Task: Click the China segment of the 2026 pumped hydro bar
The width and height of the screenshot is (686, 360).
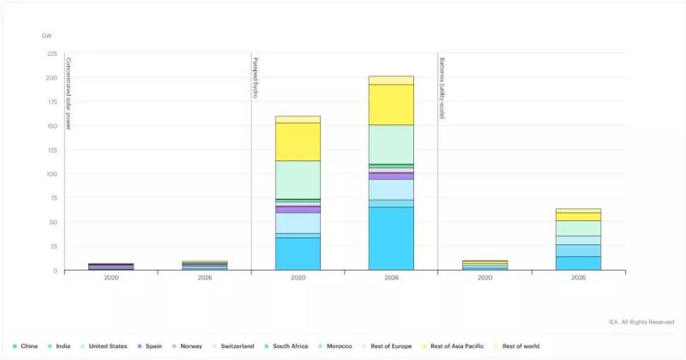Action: [x=391, y=238]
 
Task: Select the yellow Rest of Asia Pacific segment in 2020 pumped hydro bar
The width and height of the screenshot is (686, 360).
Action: [x=298, y=141]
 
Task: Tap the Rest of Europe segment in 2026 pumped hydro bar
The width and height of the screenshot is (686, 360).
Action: [x=391, y=144]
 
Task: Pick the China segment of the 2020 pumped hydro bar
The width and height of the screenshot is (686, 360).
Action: [x=298, y=254]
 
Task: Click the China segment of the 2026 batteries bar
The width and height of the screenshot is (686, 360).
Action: [x=578, y=263]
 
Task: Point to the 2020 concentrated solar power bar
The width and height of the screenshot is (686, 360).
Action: [x=111, y=267]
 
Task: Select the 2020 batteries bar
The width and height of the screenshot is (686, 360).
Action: [x=484, y=266]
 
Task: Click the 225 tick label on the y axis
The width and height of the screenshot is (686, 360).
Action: [x=51, y=53]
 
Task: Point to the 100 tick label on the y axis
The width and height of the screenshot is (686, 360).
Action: [x=51, y=174]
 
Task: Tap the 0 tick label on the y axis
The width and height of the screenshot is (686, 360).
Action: [x=55, y=270]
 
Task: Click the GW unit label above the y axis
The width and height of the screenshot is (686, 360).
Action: [x=47, y=37]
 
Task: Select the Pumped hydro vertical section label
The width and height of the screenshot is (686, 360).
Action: [x=256, y=78]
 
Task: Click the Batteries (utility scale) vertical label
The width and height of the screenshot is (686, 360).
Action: [x=442, y=87]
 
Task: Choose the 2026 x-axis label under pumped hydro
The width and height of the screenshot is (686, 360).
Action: [x=391, y=278]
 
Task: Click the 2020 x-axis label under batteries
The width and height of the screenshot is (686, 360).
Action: [x=484, y=278]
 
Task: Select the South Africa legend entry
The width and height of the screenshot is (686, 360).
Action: [x=291, y=346]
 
